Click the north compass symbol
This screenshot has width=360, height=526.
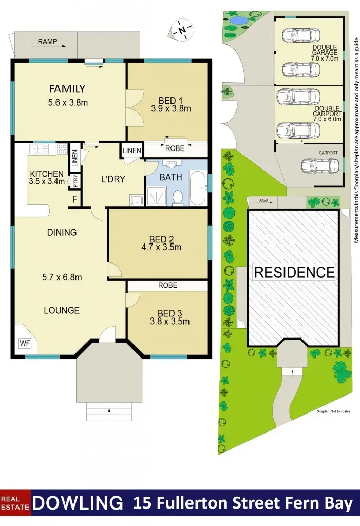tap(182, 30)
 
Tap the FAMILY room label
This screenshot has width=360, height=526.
tap(67, 89)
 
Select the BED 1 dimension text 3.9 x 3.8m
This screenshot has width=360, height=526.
tap(171, 108)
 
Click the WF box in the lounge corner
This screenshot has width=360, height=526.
tap(24, 343)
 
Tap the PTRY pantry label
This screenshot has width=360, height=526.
tap(74, 181)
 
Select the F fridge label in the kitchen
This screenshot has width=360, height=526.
tap(74, 199)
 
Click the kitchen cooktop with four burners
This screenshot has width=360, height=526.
tap(62, 149)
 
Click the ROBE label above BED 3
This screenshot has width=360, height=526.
tap(167, 285)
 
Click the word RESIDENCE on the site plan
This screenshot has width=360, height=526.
tap(294, 272)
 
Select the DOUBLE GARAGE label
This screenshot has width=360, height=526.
tap(325, 49)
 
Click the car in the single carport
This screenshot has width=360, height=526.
tap(320, 165)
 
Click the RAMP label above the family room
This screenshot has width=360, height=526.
tap(47, 42)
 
